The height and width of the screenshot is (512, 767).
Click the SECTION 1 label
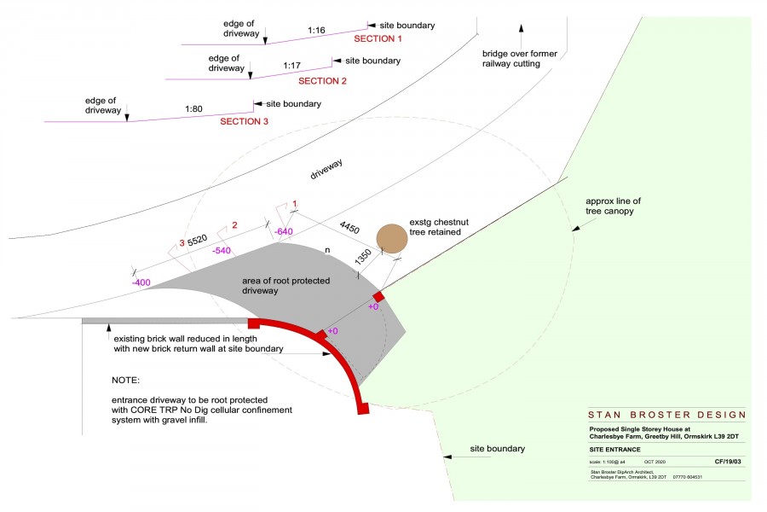[x=377, y=39]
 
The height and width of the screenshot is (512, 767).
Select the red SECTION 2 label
[x=322, y=82]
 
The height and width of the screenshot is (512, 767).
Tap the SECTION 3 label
[x=245, y=122]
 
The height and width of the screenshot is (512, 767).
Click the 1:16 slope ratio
[x=316, y=30]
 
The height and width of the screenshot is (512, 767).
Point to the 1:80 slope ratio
[x=193, y=109]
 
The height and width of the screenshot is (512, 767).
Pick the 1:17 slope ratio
[x=291, y=65]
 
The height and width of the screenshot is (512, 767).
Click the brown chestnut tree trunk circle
[x=393, y=238]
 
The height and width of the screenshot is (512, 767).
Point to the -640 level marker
[x=284, y=231]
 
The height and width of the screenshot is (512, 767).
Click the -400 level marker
[x=141, y=282]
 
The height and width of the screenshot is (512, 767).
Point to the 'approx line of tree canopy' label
[x=614, y=207]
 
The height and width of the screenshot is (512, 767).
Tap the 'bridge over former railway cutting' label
[x=519, y=59]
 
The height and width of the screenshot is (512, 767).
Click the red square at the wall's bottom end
[x=363, y=410]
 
